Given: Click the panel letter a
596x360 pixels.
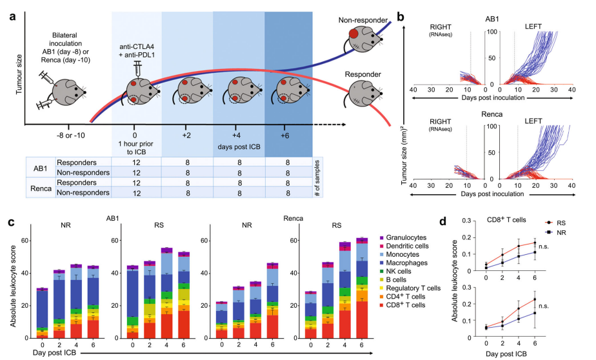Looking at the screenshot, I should tap(12, 14).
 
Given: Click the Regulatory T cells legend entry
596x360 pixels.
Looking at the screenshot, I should tap(413, 288).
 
